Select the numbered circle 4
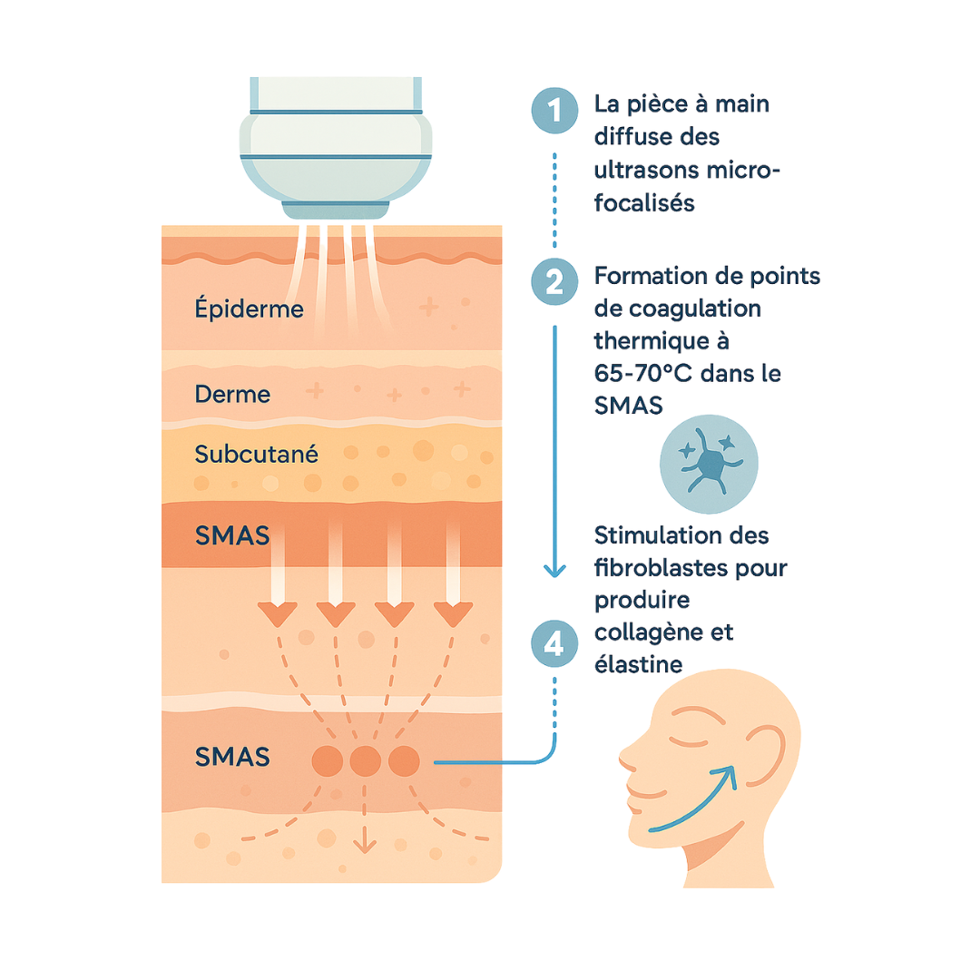coord(554,643)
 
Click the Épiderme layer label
coord(250,309)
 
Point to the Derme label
coord(232,395)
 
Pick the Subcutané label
coord(257,455)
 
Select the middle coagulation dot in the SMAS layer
coord(365,760)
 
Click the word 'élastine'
coord(638,664)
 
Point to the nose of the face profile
coord(625,755)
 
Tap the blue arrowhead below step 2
coord(554,570)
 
